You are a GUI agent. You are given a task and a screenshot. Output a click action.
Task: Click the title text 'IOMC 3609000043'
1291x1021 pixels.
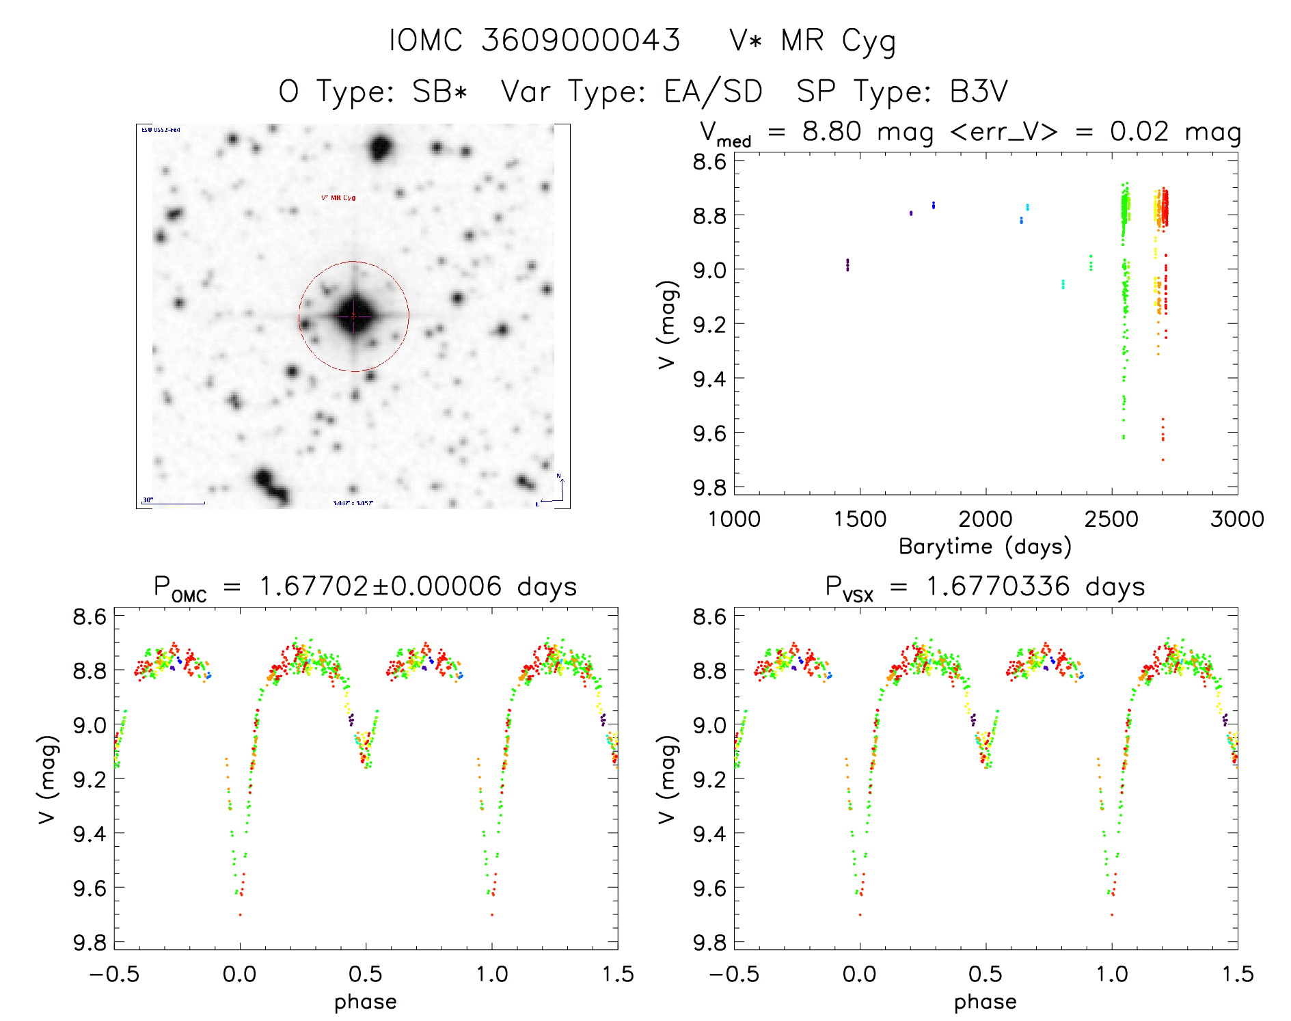point(534,41)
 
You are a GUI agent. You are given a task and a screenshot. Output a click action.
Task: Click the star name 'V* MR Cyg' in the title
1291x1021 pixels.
point(812,41)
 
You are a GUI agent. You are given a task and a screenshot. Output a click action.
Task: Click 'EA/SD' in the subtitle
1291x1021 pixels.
point(713,92)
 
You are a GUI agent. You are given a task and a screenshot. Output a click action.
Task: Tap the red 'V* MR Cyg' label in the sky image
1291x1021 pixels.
point(338,198)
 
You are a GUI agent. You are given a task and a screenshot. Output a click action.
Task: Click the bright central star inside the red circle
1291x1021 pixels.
point(353,316)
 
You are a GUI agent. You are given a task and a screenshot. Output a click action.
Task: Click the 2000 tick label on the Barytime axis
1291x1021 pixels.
point(985,519)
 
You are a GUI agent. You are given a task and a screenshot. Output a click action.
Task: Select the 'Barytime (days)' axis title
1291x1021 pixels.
point(985,547)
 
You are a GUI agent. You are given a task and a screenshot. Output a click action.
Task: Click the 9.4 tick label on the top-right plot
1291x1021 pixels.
point(709,379)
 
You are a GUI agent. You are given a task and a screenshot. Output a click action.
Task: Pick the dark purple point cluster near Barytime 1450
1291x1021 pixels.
point(847,264)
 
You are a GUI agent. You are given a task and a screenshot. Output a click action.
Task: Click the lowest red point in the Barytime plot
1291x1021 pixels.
point(1163,460)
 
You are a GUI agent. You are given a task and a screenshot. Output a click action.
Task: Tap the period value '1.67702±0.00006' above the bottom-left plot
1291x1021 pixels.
point(381,587)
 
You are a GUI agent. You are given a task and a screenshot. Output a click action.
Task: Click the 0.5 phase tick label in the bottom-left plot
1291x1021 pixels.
point(366,975)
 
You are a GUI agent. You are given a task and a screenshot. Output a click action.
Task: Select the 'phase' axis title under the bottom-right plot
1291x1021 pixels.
point(985,1002)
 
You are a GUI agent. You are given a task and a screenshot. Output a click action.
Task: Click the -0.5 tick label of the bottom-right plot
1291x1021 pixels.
point(734,975)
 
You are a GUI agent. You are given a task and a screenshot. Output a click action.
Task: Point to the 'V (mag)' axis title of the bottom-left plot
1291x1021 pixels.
point(46,779)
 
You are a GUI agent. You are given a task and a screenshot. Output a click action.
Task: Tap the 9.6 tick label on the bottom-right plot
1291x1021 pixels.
point(709,888)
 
